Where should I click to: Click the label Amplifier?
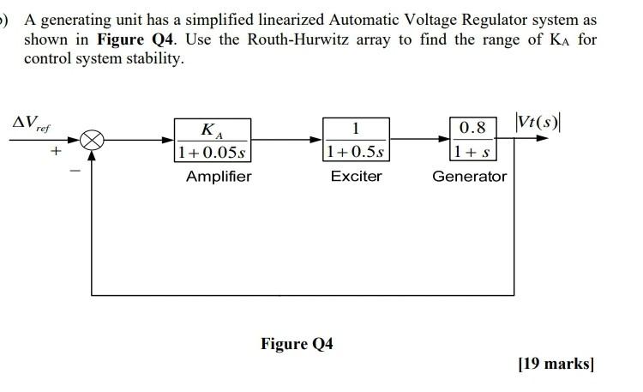point(219,177)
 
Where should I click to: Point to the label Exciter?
point(357,177)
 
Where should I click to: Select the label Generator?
point(469,177)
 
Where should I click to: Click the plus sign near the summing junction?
point(55,153)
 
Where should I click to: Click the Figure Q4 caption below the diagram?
point(297,344)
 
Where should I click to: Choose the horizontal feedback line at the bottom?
point(300,294)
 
